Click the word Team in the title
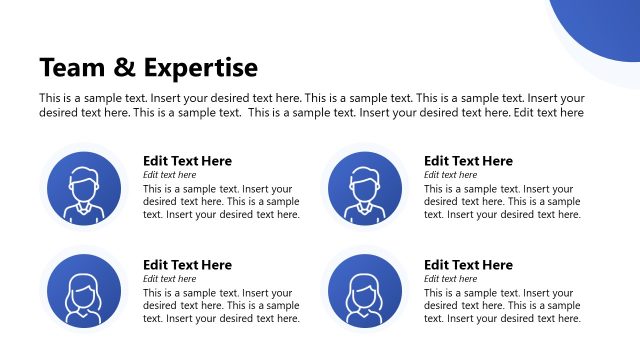pos(73,68)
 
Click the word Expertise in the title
pos(200,68)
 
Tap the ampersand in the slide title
pos(125,68)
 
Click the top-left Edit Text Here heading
pos(187,161)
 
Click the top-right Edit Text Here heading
pos(468,161)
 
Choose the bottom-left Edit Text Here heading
pos(187,265)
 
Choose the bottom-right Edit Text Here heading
pos(468,265)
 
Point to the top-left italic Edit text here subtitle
pos(170,175)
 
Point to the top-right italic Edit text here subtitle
pos(451,175)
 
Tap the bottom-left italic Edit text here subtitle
pos(170,279)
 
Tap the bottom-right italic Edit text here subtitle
pos(451,279)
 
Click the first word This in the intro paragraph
pos(49,98)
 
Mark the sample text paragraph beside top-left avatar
pos(221,201)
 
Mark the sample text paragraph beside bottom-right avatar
pos(502,305)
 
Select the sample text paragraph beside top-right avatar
pos(502,201)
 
